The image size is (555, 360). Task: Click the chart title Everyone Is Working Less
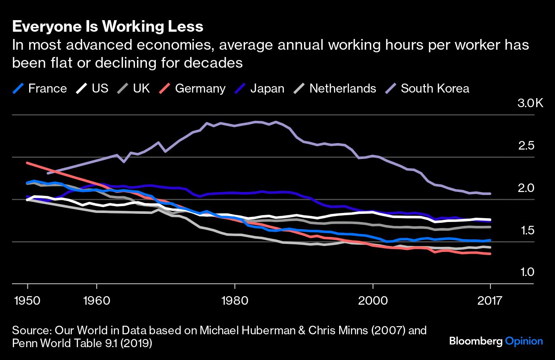(x=107, y=27)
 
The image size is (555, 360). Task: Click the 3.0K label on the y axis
(x=530, y=103)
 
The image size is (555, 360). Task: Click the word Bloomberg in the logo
(x=475, y=342)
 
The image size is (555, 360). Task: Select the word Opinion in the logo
(x=524, y=342)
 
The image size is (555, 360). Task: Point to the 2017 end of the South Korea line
(x=490, y=194)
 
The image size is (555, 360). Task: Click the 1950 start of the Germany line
(x=27, y=163)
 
